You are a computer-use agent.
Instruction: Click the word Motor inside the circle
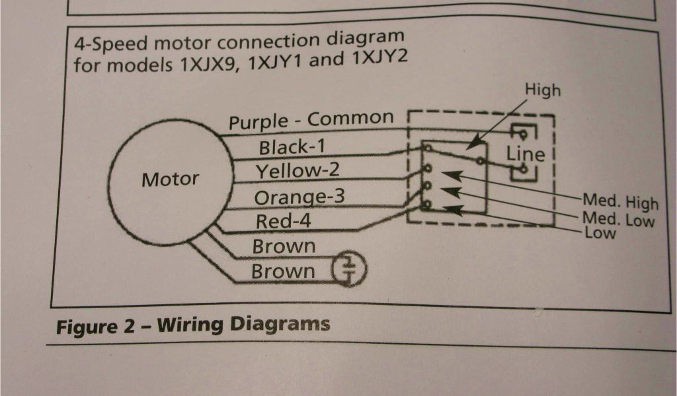pyautogui.click(x=170, y=179)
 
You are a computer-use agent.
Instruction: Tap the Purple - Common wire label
pyautogui.click(x=311, y=120)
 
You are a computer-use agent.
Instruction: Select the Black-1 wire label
pyautogui.click(x=292, y=147)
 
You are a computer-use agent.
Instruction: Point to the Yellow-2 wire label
pyautogui.click(x=298, y=172)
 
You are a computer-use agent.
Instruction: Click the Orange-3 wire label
pyautogui.click(x=299, y=197)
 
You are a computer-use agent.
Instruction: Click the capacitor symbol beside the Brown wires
pyautogui.click(x=349, y=268)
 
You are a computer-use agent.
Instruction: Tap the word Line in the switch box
pyautogui.click(x=526, y=154)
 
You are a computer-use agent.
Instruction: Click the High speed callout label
pyautogui.click(x=542, y=90)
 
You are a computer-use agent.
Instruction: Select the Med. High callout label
pyautogui.click(x=619, y=201)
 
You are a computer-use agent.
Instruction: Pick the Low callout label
pyautogui.click(x=601, y=233)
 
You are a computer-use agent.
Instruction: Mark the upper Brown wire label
pyautogui.click(x=284, y=247)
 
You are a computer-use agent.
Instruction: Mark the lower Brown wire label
pyautogui.click(x=283, y=271)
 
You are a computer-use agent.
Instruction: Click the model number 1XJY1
pyautogui.click(x=278, y=61)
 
